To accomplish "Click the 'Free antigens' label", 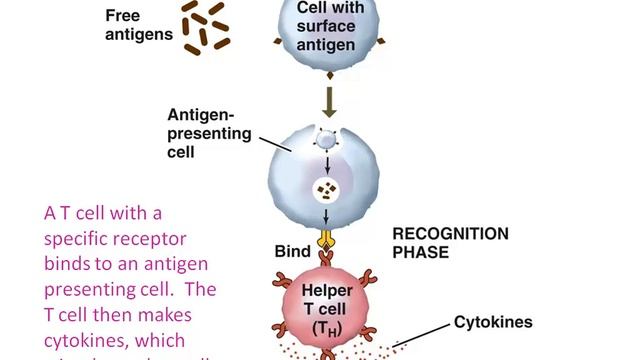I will pyautogui.click(x=139, y=24).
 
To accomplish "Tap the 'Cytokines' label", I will pyautogui.click(x=493, y=322).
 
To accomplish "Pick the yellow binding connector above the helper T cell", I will pyautogui.click(x=325, y=240).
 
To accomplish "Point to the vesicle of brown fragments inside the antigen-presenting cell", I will pyautogui.click(x=326, y=188).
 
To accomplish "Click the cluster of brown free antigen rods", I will pyautogui.click(x=205, y=24).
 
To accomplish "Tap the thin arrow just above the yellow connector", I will pyautogui.click(x=326, y=219).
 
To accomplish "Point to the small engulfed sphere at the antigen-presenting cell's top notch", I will pyautogui.click(x=326, y=141).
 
